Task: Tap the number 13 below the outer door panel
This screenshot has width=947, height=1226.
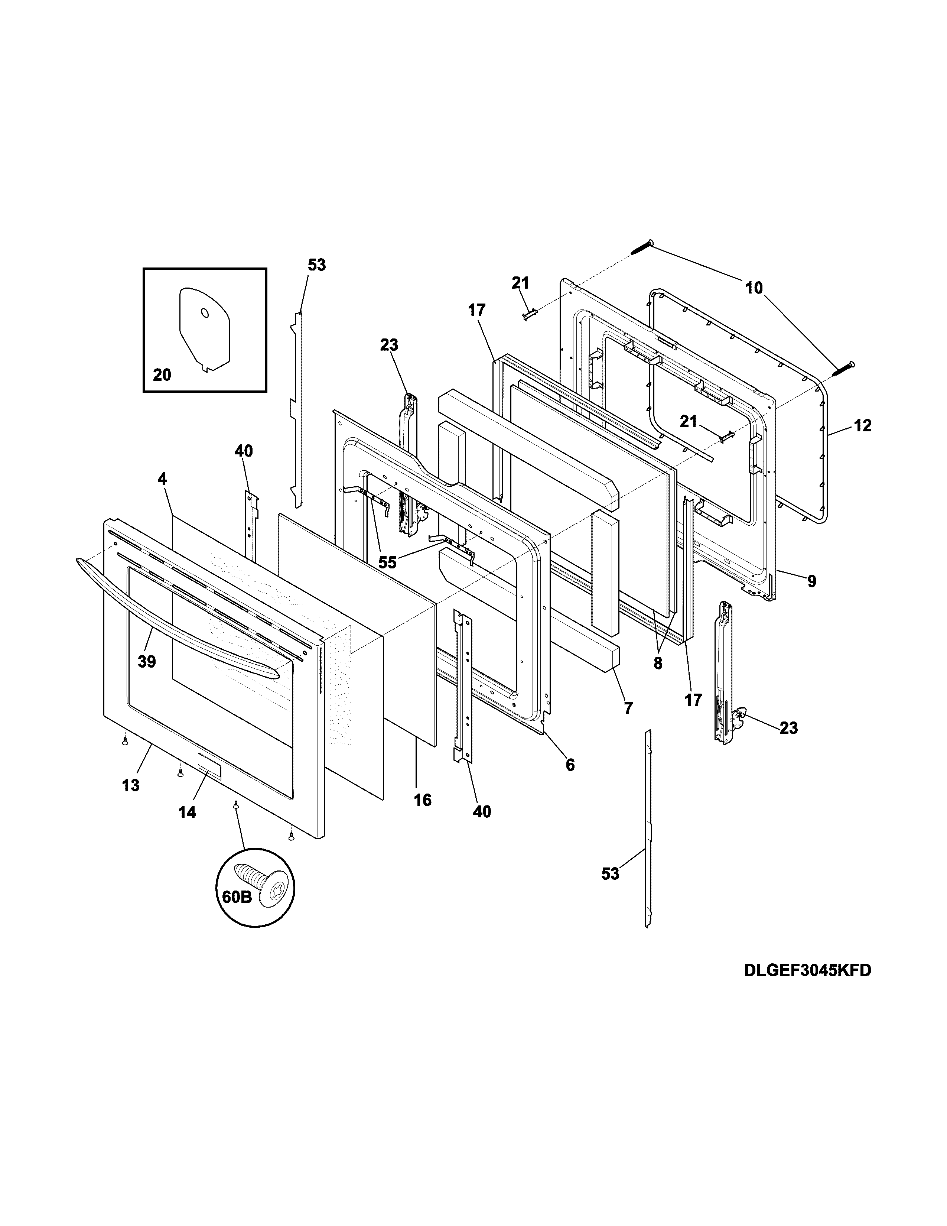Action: point(131,785)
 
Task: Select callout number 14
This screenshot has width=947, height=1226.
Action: point(188,812)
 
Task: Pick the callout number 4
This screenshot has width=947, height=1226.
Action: point(162,479)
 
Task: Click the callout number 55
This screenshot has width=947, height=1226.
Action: point(387,562)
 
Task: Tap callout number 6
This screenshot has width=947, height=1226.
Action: point(570,765)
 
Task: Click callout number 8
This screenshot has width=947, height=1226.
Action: point(657,664)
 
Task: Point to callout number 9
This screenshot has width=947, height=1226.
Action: point(812,581)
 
